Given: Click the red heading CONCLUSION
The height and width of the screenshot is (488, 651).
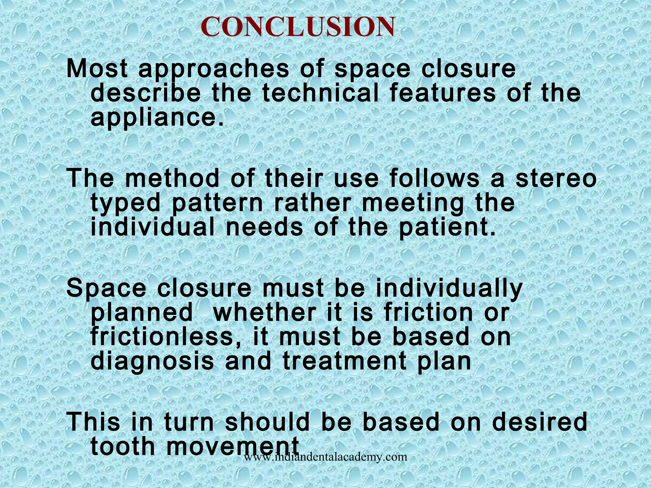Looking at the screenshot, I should pos(298,27).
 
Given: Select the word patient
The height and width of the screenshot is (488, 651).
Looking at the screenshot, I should pos(447,227).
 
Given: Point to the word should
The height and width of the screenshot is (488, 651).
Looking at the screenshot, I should pos(267,422).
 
